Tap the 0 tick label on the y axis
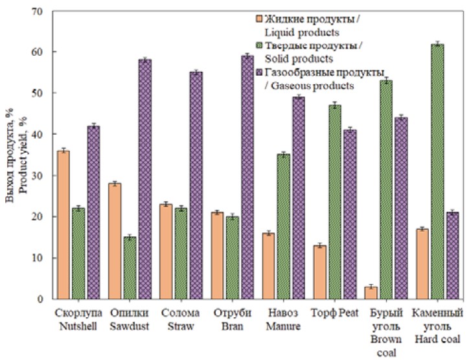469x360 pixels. (39, 299)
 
